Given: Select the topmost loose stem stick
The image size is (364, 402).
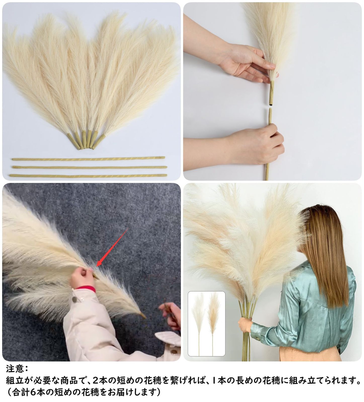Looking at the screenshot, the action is point(88,159).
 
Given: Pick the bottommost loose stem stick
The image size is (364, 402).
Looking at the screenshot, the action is point(88,176).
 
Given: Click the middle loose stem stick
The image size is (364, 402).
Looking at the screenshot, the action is point(90,167).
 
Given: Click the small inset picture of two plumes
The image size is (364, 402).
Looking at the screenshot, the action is point(207,324).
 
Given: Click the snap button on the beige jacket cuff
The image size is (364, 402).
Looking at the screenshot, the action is point(74,299).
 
